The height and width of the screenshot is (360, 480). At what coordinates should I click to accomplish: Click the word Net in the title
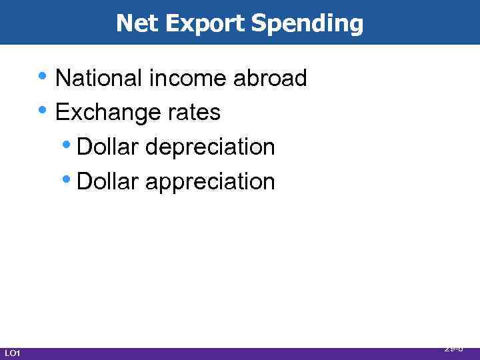coord(137,23)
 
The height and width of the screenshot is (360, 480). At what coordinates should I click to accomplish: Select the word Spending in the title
coord(307,24)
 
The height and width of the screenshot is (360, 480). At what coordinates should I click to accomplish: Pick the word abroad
coord(270,78)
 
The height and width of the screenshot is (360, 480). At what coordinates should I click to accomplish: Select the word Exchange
coord(100,113)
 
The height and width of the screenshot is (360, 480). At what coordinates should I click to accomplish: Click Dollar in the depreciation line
coord(108,147)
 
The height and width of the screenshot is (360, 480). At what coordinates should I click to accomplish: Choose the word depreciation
coord(210,147)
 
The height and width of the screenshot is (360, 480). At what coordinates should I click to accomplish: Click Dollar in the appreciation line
coord(108,181)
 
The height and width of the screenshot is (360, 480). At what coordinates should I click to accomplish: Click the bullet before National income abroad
coord(43,76)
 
